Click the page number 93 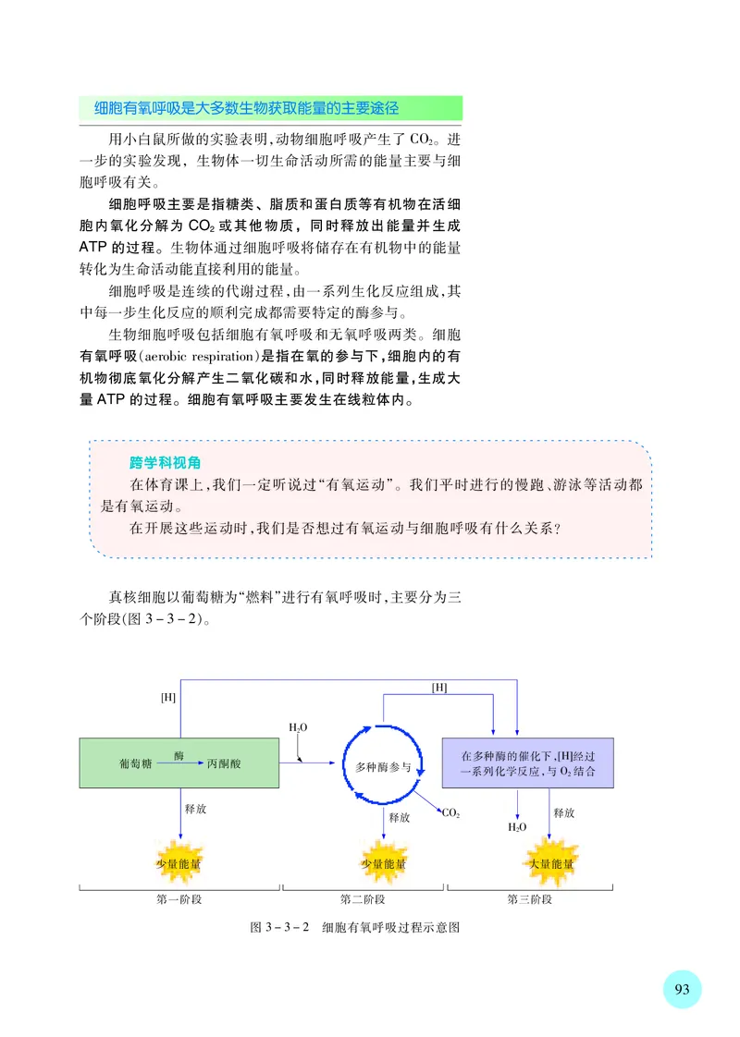click(x=683, y=989)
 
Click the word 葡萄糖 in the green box click(x=136, y=765)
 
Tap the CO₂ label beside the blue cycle click(x=450, y=813)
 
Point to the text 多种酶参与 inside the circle click(x=383, y=767)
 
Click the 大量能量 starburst click(x=550, y=864)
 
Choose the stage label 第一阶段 click(x=179, y=899)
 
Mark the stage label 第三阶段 click(x=530, y=899)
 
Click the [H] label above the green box click(x=167, y=697)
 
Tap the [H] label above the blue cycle click(x=439, y=687)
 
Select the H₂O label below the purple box click(x=517, y=827)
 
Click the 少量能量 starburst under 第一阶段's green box click(x=179, y=864)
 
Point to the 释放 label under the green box click(x=195, y=809)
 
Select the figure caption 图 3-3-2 click(x=278, y=927)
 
